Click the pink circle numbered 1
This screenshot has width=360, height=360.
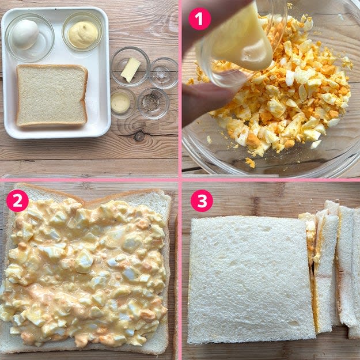(x=199, y=19)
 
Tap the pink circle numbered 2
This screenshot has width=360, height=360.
(x=17, y=200)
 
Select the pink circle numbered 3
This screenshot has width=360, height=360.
(x=202, y=200)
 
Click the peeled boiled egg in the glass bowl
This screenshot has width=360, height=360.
(x=25, y=34)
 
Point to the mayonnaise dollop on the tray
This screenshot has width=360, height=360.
(x=83, y=35)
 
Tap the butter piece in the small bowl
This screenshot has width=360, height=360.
(x=130, y=70)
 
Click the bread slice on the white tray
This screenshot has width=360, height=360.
(x=52, y=96)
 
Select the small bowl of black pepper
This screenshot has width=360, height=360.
(x=153, y=103)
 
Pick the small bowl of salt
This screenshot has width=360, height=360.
(x=164, y=73)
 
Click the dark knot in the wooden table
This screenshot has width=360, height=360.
(x=139, y=136)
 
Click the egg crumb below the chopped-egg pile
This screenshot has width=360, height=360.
(x=250, y=162)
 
